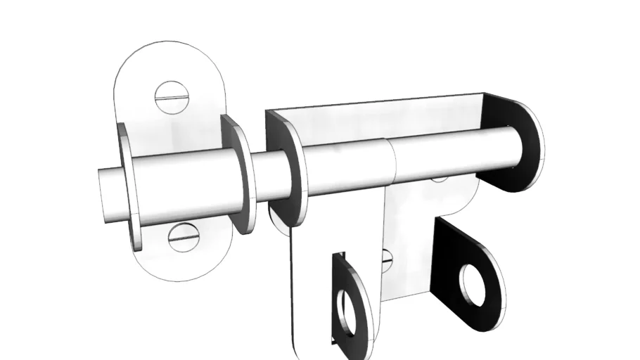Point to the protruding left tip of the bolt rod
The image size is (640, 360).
[x=110, y=195]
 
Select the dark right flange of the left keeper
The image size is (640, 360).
[x=240, y=176]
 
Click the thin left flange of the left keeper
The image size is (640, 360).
[x=127, y=186]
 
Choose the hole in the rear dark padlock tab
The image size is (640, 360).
[x=473, y=284]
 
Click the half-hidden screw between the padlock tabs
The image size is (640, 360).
[x=386, y=261]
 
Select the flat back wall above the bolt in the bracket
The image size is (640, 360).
[x=394, y=120]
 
